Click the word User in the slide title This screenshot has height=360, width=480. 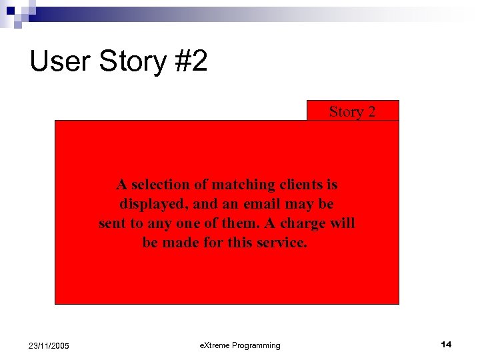pos(60,62)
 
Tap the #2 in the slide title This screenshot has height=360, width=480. pos(191,62)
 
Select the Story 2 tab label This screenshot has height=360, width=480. pos(352,111)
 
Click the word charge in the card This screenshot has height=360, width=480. pos(299,223)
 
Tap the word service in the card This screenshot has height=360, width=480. pos(280,242)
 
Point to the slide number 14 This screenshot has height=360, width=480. pos(446,344)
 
